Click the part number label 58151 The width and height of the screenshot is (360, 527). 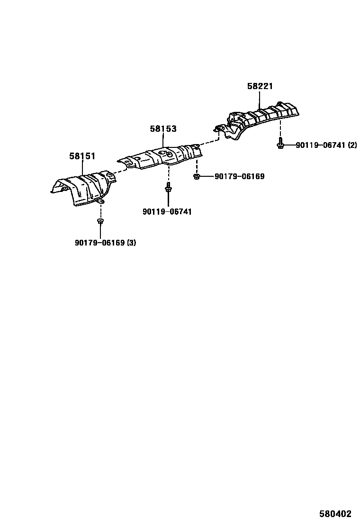[82, 155]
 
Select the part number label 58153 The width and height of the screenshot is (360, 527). [163, 128]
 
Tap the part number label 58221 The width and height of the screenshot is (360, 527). [260, 86]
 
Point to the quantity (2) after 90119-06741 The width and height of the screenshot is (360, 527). [352, 145]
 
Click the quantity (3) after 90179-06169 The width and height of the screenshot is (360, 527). [131, 243]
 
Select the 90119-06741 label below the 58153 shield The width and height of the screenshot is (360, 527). [167, 212]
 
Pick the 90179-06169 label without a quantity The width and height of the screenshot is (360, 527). [239, 177]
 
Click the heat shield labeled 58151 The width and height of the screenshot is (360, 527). [85, 190]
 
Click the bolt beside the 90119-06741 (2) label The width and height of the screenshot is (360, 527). [280, 144]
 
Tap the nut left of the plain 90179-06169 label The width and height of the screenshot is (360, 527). [196, 177]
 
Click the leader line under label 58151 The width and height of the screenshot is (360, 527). [82, 167]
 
